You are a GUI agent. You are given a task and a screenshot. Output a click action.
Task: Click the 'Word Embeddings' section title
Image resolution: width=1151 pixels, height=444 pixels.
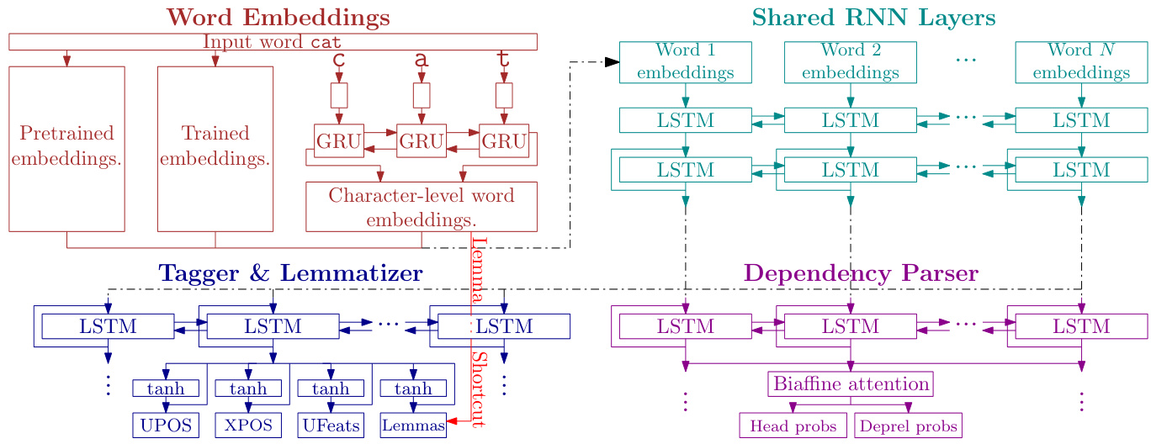point(266,17)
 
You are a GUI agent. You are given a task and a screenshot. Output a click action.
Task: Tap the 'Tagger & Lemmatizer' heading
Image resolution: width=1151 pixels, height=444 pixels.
point(290,273)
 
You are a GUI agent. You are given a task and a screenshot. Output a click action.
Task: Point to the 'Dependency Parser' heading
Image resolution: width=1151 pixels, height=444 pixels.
point(861,273)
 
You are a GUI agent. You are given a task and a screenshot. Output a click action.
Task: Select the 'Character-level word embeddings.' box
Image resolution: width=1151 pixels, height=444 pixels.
point(421,207)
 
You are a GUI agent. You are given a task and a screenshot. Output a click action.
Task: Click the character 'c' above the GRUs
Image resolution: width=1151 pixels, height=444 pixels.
point(339,60)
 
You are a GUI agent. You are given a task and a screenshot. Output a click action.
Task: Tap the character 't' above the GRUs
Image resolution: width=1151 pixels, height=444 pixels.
point(503,60)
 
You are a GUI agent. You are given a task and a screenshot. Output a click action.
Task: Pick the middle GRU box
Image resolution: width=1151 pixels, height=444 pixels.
point(422,140)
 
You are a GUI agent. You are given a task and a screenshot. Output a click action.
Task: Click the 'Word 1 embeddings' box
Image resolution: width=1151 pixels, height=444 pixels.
point(685,62)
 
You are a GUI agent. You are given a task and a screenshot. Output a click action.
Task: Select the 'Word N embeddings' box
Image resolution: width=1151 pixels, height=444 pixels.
point(1081,62)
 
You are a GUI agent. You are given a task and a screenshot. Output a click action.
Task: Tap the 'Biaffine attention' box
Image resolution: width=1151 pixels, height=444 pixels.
point(851,384)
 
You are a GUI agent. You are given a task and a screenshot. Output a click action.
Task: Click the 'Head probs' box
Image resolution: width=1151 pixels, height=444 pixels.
point(793,425)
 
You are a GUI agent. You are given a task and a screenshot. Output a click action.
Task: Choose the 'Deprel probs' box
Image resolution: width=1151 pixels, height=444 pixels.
point(908,425)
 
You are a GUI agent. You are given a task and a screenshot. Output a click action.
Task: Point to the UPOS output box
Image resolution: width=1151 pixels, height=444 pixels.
point(166,425)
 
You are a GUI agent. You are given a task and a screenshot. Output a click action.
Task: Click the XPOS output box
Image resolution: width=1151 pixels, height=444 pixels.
point(248,425)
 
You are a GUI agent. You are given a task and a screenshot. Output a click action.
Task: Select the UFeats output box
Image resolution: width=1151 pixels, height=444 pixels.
point(331,425)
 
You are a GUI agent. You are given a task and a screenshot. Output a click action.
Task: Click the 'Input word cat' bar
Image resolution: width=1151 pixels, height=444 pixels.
point(273,41)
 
